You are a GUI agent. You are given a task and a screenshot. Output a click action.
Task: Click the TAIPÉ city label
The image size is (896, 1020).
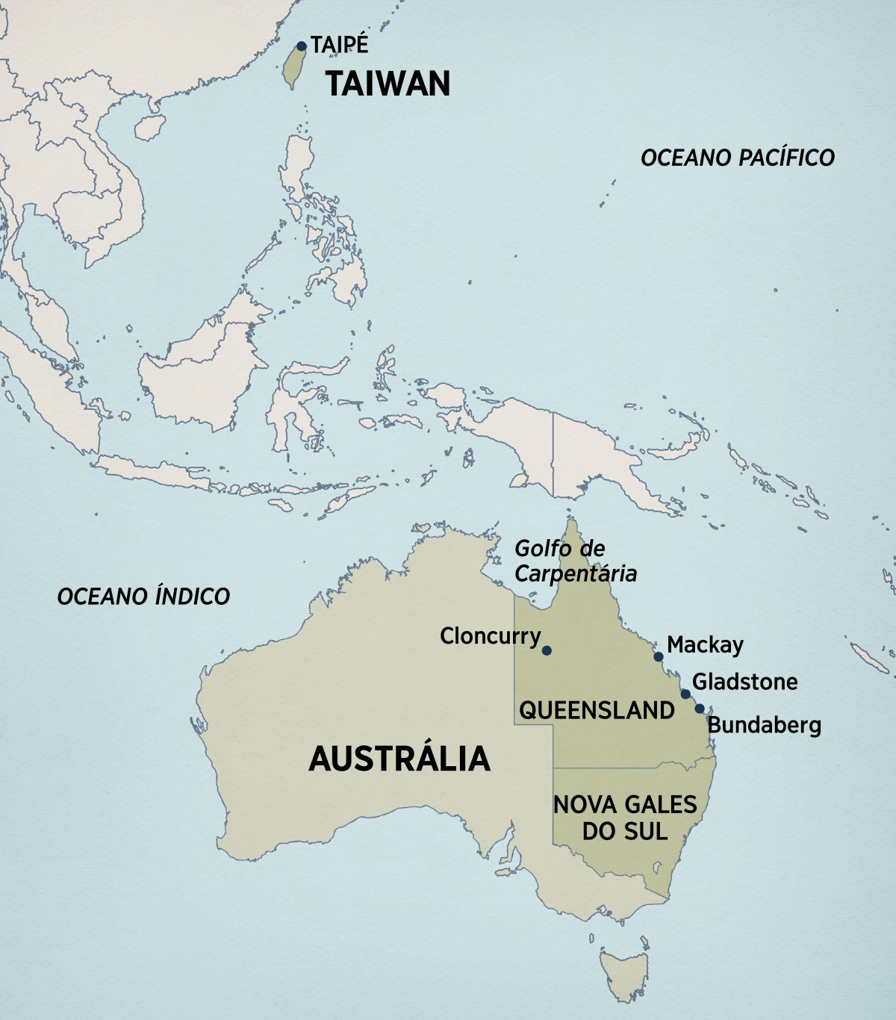pyautogui.click(x=340, y=45)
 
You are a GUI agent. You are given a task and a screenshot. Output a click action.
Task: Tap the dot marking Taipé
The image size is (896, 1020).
pyautogui.click(x=302, y=46)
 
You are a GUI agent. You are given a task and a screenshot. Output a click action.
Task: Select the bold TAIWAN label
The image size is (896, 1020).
pyautogui.click(x=388, y=83)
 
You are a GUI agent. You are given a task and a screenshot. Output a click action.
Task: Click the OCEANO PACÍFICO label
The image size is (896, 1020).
pyautogui.click(x=738, y=158)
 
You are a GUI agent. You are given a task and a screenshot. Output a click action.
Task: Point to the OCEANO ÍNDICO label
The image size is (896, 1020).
pyautogui.click(x=143, y=596)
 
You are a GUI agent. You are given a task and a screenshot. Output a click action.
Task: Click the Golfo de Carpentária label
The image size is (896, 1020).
pyautogui.click(x=576, y=561)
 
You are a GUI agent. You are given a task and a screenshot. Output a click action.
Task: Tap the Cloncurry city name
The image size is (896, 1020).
pyautogui.click(x=490, y=636)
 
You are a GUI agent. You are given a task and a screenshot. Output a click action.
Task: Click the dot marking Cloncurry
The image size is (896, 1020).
pyautogui.click(x=547, y=650)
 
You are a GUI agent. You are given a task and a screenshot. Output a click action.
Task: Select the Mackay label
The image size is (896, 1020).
pyautogui.click(x=705, y=644)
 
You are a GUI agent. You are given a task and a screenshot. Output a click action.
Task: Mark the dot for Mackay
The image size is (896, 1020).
pyautogui.click(x=659, y=657)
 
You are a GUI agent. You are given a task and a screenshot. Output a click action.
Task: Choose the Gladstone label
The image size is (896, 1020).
pyautogui.click(x=744, y=681)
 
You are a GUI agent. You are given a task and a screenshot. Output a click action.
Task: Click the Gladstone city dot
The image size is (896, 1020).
pyautogui.click(x=685, y=694)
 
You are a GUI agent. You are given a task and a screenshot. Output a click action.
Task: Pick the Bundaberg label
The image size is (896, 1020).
pyautogui.click(x=764, y=724)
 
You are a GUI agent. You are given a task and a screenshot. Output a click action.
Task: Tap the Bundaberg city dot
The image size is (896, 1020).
pyautogui.click(x=700, y=709)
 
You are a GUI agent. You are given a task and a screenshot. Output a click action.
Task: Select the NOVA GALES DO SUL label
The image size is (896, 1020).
pyautogui.click(x=625, y=818)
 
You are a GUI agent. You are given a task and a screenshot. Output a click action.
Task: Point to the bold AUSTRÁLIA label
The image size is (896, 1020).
pyautogui.click(x=399, y=759)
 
